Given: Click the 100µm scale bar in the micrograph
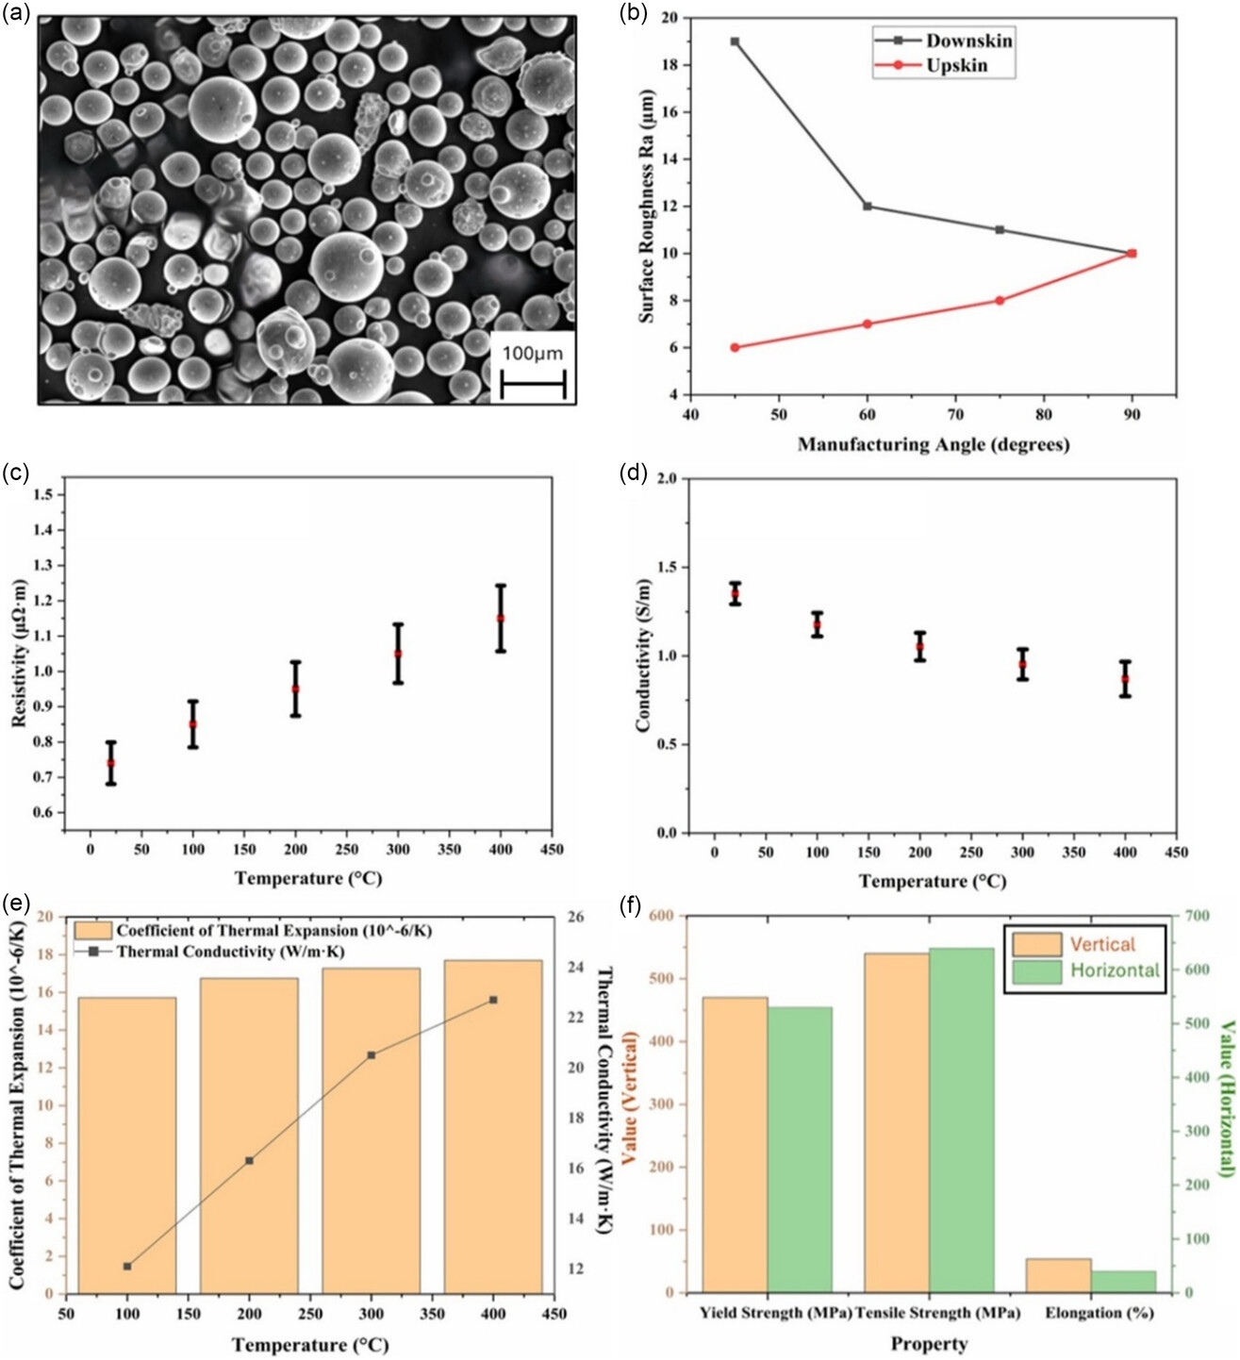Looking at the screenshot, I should point(533,385).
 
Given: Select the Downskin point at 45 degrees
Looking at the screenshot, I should point(735,41).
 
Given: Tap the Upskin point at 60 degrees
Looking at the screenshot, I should point(868,323).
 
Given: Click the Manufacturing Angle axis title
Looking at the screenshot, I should point(933,444).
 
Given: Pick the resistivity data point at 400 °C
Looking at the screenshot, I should point(501,618).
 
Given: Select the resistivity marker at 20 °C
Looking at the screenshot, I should point(111,763).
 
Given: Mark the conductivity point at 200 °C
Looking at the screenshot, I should point(919,647).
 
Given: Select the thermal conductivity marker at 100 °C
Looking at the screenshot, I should point(127,1266).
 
